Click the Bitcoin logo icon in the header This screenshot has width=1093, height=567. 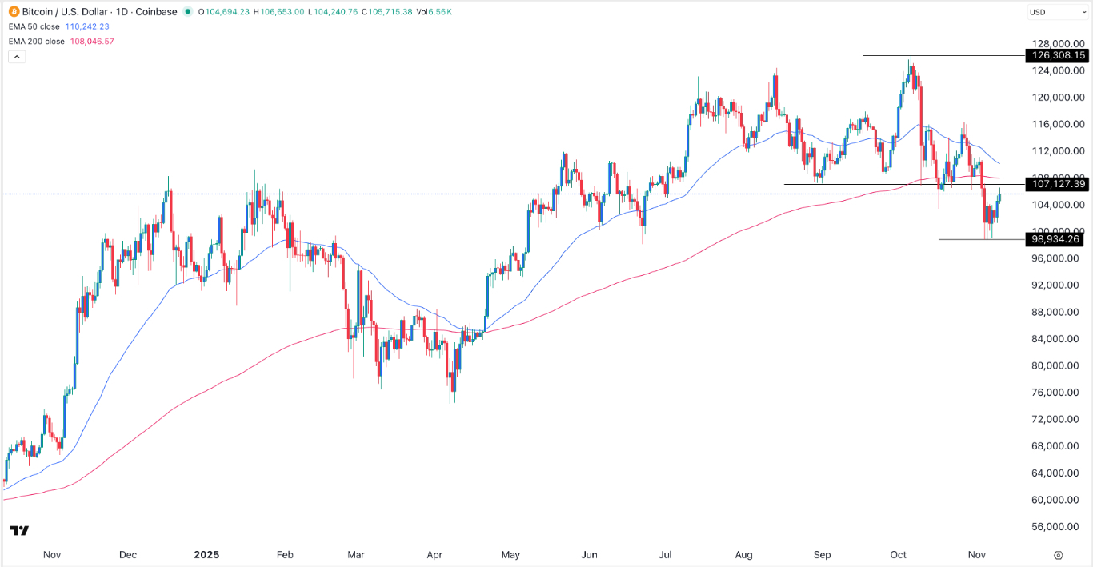[x=13, y=12]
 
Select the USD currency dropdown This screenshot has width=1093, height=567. [x=1056, y=12]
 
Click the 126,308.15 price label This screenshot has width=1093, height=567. [x=1057, y=55]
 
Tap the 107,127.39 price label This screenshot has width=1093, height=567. [x=1057, y=184]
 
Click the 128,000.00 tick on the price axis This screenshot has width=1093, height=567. [x=1057, y=44]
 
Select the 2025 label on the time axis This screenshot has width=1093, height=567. [x=206, y=554]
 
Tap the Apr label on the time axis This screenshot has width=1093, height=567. [x=434, y=554]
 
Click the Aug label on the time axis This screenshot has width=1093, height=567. [x=743, y=554]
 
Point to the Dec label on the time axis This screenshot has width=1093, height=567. [x=128, y=554]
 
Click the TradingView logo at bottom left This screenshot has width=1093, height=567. [x=20, y=531]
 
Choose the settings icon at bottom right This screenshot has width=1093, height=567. [x=1058, y=554]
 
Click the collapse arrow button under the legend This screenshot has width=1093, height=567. [x=16, y=56]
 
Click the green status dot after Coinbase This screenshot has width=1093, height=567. [x=187, y=12]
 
